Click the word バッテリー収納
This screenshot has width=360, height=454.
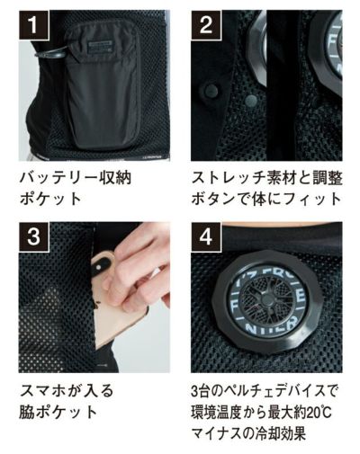click(x=76, y=177)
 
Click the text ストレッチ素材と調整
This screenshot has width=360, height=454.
click(x=266, y=177)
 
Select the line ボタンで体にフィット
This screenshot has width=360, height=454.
click(x=266, y=199)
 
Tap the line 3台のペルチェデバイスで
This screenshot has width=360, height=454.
click(x=266, y=393)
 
